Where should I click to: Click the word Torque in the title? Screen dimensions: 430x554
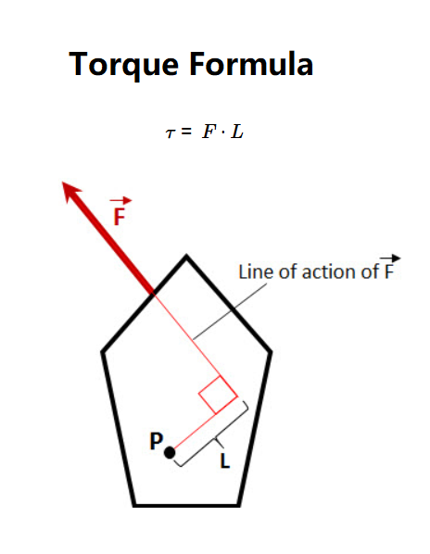pos(124,66)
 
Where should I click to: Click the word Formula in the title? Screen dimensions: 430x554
pos(251,64)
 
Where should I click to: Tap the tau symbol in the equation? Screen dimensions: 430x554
pos(171,133)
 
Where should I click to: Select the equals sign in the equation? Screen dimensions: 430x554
pos(186,132)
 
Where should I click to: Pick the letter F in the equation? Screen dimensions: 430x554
pos(209,132)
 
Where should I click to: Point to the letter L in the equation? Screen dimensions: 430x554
pos(236,132)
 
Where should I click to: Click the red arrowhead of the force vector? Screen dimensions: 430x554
pos(71,192)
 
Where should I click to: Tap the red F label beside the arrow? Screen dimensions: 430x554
pos(120,217)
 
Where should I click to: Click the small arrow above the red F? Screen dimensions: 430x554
pos(120,201)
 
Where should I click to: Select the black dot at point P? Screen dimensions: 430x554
pos(170,453)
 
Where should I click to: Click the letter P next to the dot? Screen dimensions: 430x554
pos(157,441)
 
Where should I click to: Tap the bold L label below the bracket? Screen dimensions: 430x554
pos(225,460)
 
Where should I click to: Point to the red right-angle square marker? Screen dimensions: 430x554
pos(218,395)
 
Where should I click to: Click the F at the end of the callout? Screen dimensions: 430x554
pos(388,272)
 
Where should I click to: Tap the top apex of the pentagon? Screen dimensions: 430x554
pos(186,256)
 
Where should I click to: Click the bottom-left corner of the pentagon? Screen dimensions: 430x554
pos(134,505)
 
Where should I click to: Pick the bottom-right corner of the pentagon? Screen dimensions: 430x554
pos(239,505)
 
